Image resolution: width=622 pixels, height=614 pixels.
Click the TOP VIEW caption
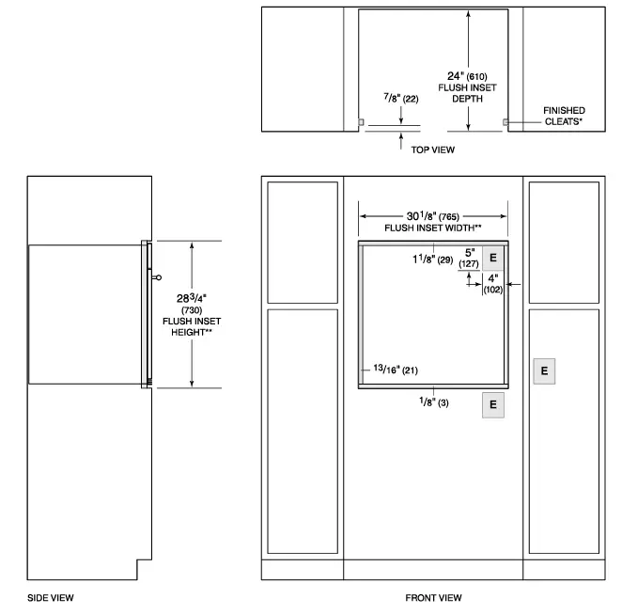point(432,150)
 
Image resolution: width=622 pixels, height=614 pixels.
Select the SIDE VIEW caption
point(50,597)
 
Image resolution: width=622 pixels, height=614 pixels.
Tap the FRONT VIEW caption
point(433,597)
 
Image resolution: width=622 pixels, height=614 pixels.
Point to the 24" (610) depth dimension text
point(467,75)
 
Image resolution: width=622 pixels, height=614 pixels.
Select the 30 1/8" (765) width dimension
point(433,215)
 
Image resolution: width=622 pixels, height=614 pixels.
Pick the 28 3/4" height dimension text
point(192,298)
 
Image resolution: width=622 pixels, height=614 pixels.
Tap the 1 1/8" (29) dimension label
point(431,258)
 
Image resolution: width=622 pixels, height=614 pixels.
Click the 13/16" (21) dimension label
point(394,370)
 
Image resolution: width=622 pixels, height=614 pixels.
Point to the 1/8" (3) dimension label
point(433,402)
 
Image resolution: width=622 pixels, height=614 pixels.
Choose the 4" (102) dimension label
point(493,284)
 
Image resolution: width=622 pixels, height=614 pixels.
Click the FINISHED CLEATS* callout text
point(564,116)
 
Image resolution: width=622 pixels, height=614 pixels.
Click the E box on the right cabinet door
point(544,370)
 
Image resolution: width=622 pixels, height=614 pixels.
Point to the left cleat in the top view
point(361,122)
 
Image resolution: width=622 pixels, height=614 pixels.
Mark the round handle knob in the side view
point(157,277)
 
